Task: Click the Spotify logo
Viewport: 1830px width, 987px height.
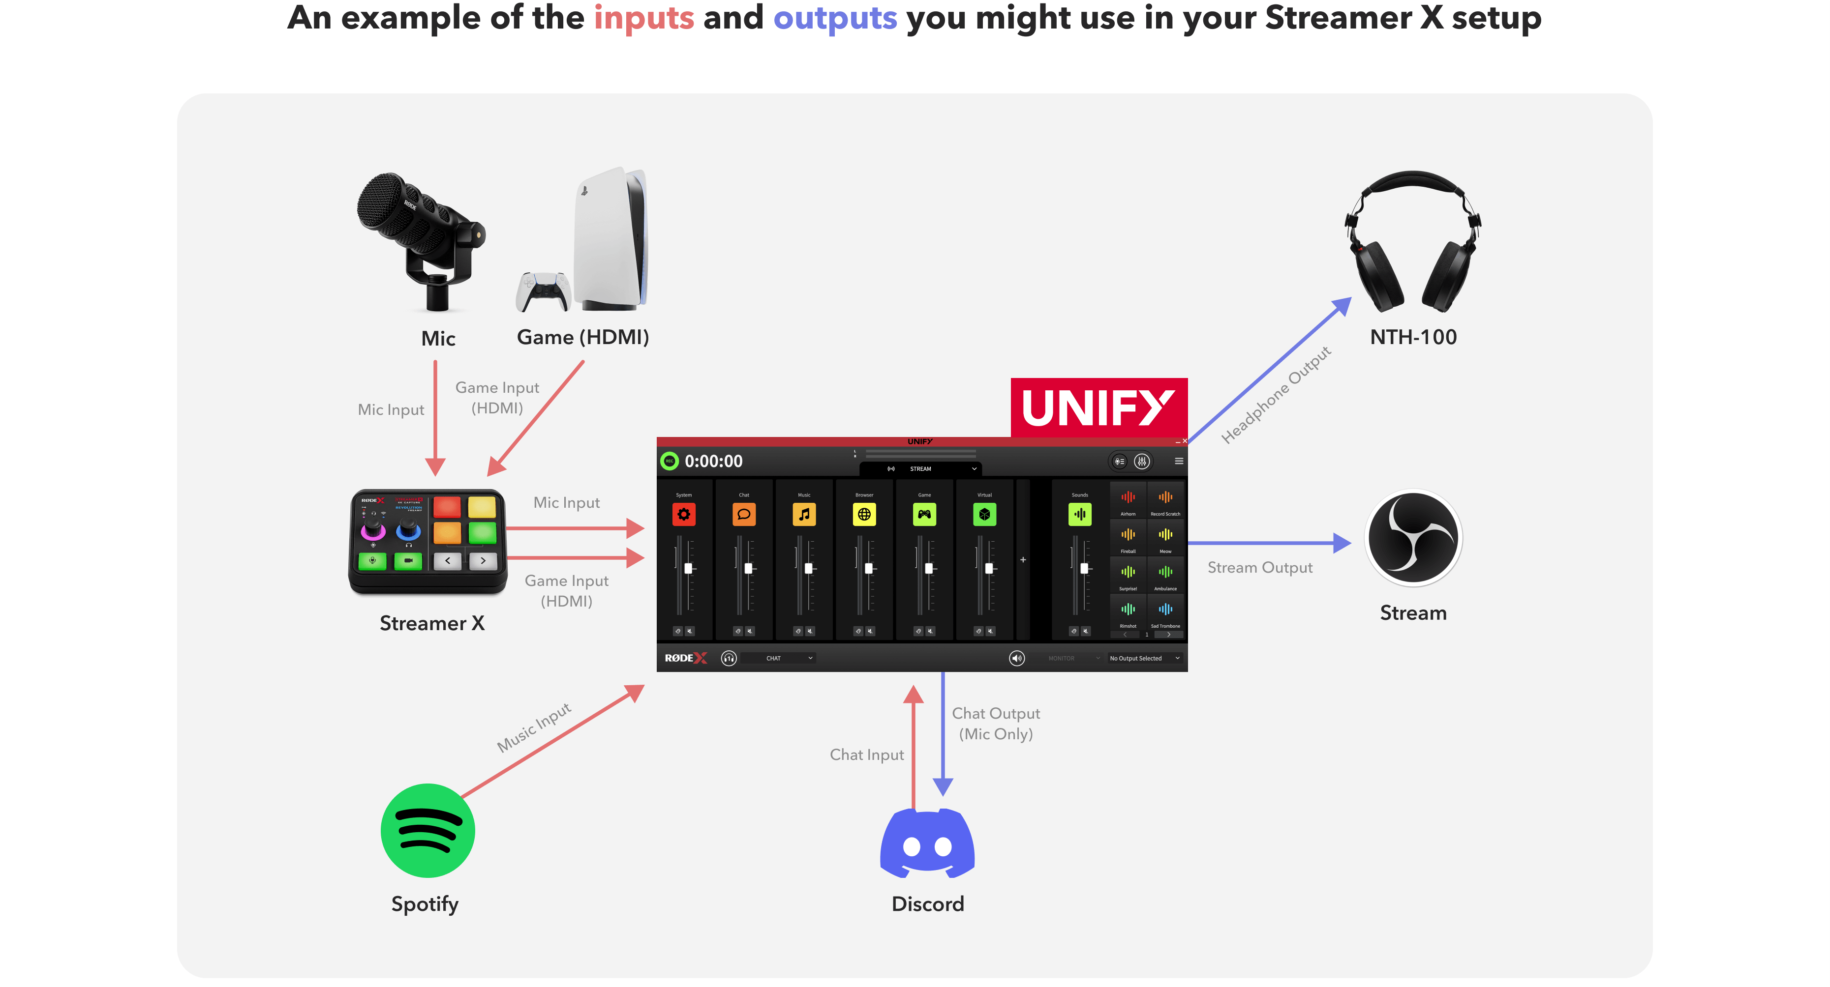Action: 427,830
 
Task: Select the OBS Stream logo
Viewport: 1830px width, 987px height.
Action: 1413,538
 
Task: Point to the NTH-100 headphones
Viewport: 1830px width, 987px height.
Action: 1413,241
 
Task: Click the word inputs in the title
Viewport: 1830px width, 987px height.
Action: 643,18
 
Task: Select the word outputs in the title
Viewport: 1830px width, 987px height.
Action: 835,18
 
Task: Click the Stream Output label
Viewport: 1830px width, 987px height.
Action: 1259,567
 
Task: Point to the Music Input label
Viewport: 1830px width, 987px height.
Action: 534,727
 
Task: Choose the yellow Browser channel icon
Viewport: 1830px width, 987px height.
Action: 864,514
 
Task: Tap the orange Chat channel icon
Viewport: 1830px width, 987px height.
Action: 744,514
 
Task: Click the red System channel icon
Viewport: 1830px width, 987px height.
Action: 683,514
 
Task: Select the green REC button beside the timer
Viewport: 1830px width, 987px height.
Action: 669,461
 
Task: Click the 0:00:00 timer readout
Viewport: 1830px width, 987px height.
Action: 713,462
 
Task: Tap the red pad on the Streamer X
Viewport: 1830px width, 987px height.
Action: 447,507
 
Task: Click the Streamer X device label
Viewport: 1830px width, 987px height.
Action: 432,623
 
